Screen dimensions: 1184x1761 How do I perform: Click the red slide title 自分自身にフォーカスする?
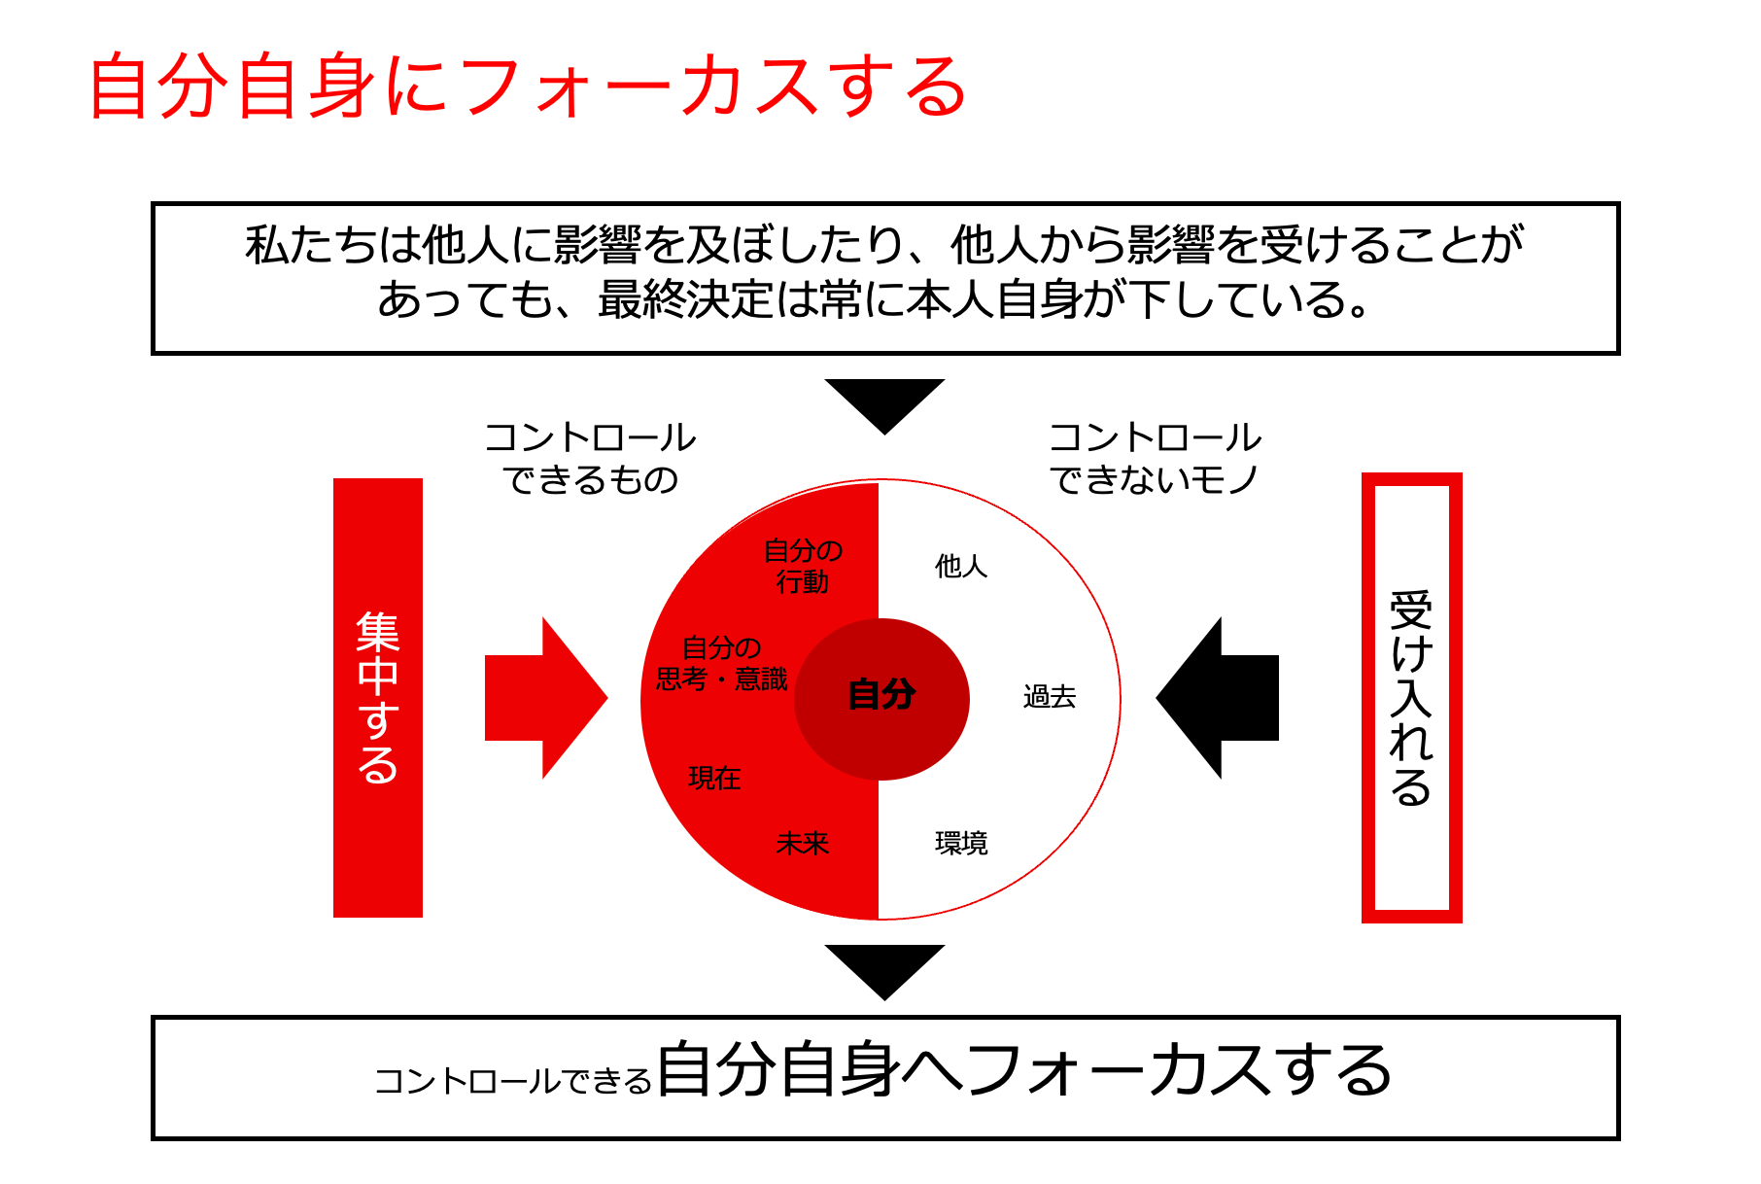click(528, 87)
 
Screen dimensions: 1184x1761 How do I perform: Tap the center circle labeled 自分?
click(881, 697)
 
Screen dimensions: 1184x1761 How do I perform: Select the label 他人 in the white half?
click(960, 566)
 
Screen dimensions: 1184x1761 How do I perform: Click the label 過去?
click(1049, 697)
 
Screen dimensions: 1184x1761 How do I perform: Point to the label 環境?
click(960, 843)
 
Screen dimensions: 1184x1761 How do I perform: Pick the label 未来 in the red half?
click(802, 843)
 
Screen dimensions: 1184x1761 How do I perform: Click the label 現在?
click(714, 778)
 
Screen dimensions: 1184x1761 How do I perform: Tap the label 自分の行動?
click(802, 566)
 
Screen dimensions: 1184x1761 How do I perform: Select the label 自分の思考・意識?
click(721, 663)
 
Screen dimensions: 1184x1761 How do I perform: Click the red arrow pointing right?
click(544, 698)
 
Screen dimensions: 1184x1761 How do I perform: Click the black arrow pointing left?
click(1219, 698)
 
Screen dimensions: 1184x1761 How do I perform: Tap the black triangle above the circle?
click(884, 400)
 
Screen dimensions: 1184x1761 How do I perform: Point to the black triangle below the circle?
click(884, 967)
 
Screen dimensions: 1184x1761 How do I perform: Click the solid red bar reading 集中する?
click(378, 697)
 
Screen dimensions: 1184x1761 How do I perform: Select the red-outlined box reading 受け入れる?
click(1411, 697)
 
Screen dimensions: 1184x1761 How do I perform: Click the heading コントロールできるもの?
click(590, 458)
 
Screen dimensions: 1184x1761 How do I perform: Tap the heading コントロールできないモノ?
click(1155, 458)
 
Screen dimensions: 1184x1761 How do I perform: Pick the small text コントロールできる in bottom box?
click(512, 1081)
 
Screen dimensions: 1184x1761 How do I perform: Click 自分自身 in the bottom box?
click(777, 1070)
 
